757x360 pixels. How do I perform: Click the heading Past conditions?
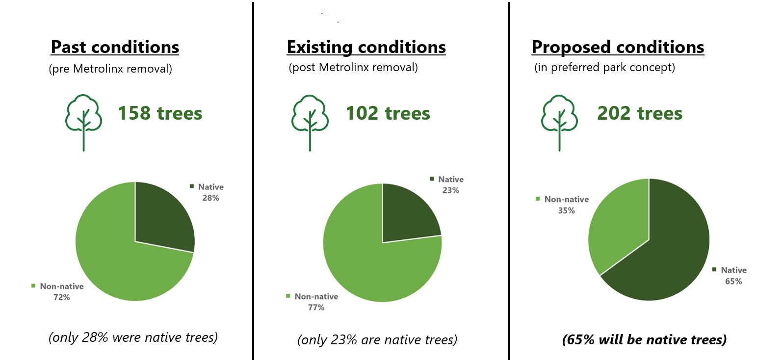tap(115, 47)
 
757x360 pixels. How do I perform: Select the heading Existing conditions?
tap(366, 47)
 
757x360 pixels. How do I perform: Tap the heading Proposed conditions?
tap(618, 47)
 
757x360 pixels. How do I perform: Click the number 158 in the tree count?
tap(134, 113)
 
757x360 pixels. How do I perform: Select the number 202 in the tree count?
tap(614, 113)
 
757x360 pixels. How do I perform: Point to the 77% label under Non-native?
tap(316, 308)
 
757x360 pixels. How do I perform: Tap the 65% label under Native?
tap(733, 282)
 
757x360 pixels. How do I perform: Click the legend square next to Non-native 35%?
tap(538, 199)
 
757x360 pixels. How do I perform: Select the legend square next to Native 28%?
tap(192, 186)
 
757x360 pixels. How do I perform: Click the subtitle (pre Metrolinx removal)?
tap(110, 69)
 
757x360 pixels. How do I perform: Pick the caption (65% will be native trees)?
tap(645, 340)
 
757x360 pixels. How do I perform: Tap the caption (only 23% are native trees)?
tap(377, 340)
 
